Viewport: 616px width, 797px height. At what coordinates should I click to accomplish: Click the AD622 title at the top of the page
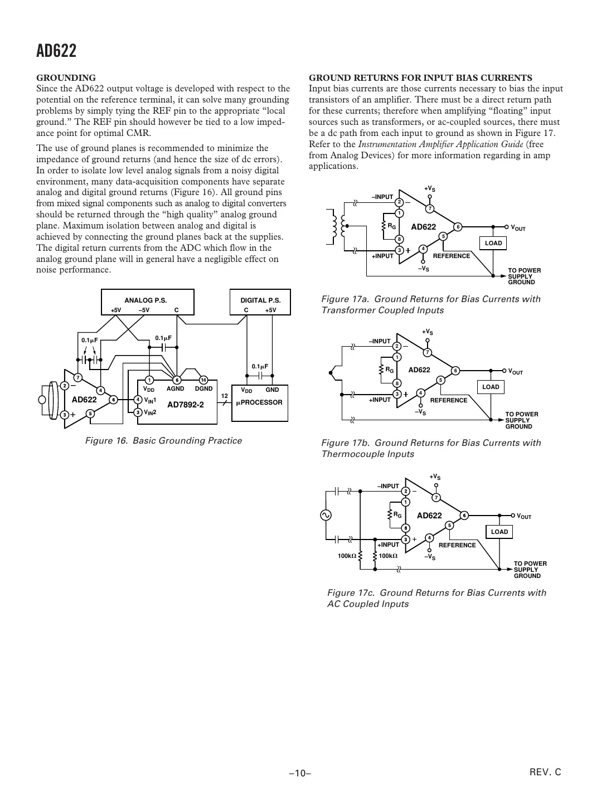point(56,51)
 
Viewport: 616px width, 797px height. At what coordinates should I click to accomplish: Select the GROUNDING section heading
point(66,78)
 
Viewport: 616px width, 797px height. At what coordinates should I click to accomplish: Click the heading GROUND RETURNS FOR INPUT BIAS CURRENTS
point(420,78)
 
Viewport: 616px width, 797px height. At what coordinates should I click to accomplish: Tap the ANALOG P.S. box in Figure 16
point(147,303)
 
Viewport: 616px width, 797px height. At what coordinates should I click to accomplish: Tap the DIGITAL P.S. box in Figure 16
point(260,303)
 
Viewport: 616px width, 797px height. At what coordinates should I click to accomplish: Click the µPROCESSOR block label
point(259,402)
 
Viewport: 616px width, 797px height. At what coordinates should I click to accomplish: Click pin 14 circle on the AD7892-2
point(203,380)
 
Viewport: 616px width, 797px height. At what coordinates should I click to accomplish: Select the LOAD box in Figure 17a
point(493,243)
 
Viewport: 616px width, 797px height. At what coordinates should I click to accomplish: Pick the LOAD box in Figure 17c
point(499,532)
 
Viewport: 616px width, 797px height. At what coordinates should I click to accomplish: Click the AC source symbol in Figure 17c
point(325,516)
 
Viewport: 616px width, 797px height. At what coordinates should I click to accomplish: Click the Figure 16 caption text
point(163,441)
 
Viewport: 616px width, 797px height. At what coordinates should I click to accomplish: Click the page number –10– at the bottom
point(299,774)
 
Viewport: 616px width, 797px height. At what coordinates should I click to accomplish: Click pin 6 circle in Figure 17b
point(455,371)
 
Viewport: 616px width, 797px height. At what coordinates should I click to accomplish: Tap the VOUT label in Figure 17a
point(518,227)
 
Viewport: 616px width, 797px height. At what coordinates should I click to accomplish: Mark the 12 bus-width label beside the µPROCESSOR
point(225,396)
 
